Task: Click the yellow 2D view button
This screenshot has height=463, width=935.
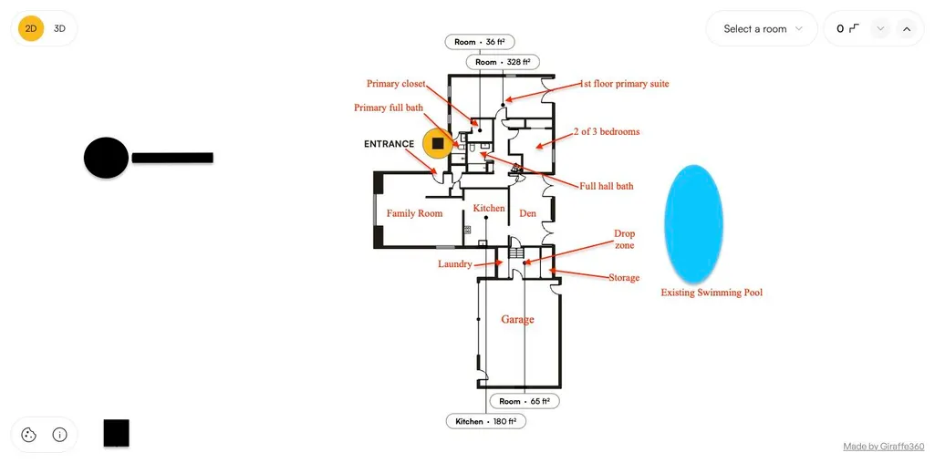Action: [31, 28]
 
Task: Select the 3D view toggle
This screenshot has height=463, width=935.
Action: [59, 28]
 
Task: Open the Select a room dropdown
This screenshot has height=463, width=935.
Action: [762, 28]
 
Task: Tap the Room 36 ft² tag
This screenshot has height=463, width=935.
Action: [480, 42]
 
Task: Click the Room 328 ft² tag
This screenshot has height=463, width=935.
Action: [503, 62]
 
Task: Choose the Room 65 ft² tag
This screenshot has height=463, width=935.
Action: [525, 401]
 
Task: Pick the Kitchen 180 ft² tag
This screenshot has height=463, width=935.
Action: [486, 421]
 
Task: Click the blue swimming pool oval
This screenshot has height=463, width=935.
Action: [693, 223]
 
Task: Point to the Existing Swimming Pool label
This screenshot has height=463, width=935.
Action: [712, 293]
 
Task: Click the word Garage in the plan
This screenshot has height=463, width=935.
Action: [517, 319]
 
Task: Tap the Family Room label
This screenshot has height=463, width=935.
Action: [414, 212]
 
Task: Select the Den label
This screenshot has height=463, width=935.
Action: [528, 212]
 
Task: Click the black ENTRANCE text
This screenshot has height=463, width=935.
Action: [389, 144]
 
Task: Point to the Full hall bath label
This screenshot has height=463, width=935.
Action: [607, 186]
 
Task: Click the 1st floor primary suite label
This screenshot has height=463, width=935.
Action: [624, 84]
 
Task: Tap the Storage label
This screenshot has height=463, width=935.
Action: [624, 278]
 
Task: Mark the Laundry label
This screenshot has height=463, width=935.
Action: [455, 264]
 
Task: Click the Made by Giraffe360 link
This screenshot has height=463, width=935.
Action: [884, 447]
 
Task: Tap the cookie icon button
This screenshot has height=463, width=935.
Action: [28, 435]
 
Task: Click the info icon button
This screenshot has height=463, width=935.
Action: [59, 435]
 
